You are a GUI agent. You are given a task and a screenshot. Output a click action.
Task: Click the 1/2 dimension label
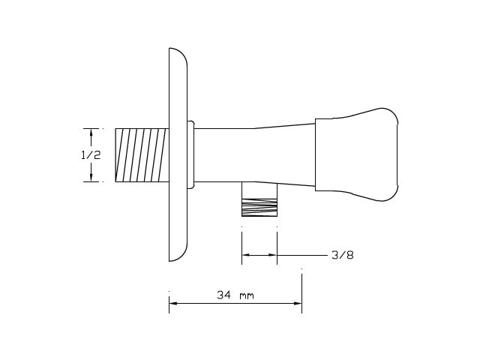click(x=91, y=155)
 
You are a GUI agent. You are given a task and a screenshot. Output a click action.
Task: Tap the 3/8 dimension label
click(x=343, y=255)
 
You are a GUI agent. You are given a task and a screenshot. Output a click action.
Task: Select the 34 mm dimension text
click(x=235, y=295)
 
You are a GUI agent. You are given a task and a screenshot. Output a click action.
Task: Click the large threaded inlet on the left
click(x=142, y=155)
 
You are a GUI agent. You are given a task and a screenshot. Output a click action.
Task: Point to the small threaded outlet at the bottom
click(x=259, y=208)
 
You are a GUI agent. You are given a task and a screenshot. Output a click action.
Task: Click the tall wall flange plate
click(x=178, y=154)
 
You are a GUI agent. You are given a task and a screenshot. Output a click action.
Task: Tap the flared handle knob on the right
click(x=357, y=154)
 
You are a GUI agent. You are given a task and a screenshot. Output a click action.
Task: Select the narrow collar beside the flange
click(x=190, y=154)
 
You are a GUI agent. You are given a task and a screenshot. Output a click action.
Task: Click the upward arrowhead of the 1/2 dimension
click(x=91, y=133)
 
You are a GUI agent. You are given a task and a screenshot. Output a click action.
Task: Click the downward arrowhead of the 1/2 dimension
click(x=91, y=178)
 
